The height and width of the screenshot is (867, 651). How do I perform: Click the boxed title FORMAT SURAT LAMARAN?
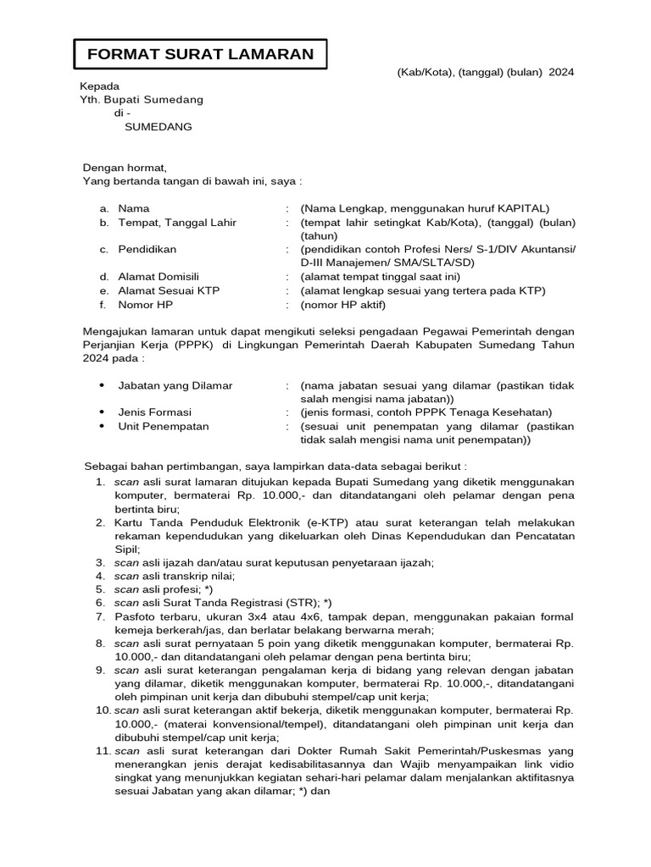[x=200, y=55]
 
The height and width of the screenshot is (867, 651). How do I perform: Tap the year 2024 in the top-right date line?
[x=561, y=73]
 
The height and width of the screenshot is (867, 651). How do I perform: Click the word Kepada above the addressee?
[x=99, y=86]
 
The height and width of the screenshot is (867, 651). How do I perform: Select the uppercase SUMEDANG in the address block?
[x=159, y=127]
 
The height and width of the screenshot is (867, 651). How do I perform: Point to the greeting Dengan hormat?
[x=125, y=168]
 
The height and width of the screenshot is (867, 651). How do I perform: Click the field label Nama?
[x=133, y=208]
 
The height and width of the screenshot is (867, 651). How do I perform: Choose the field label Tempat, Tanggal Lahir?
[x=177, y=223]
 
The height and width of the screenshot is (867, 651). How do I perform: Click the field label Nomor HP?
[x=144, y=304]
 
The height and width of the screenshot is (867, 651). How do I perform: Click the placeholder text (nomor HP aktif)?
[x=342, y=304]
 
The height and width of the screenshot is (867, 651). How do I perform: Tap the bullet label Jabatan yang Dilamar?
[x=175, y=385]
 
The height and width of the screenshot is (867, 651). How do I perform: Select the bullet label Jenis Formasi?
[x=155, y=412]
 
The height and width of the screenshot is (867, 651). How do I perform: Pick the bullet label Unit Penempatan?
[x=163, y=426]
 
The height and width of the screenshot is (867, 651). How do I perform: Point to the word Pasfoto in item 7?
[x=136, y=616]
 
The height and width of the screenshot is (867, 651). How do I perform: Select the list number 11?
[x=103, y=751]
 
